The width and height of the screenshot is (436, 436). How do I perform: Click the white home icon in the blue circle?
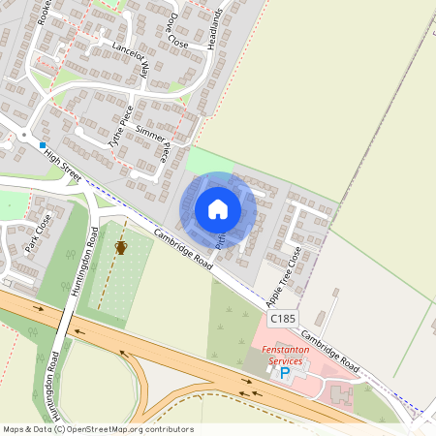click(x=218, y=208)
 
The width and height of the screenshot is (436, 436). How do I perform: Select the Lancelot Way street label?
click(x=132, y=58)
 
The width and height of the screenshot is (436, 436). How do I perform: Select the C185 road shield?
click(x=282, y=318)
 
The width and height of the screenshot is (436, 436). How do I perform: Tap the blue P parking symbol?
click(x=285, y=372)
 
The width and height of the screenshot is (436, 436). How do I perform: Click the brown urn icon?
click(x=121, y=248)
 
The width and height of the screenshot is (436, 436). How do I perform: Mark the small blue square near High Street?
click(x=43, y=144)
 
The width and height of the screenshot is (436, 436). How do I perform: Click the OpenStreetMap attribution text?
click(x=97, y=428)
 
